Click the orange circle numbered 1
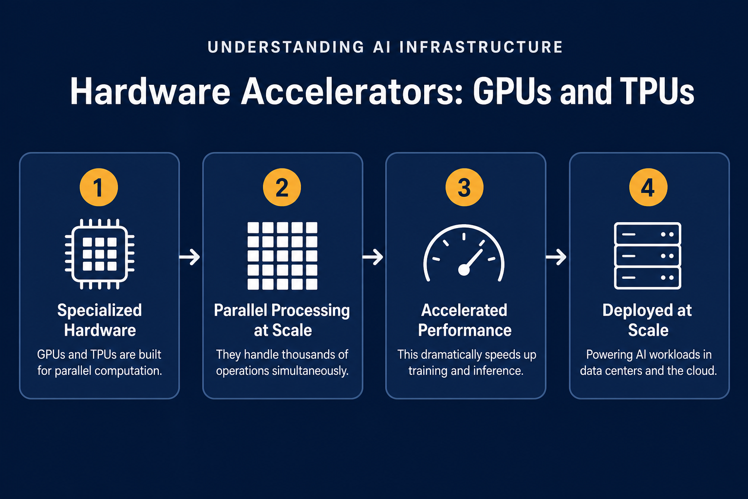point(99,187)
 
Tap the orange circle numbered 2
point(282,187)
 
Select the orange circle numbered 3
point(465,187)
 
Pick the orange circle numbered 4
point(648,187)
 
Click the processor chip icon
point(99,254)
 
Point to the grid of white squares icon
point(282,256)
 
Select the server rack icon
point(648,256)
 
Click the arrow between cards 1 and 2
point(189,257)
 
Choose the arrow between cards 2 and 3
point(373,257)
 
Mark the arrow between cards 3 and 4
point(556,257)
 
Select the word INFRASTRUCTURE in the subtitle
point(481,47)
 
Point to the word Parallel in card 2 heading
point(242,310)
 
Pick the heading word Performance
point(465,330)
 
